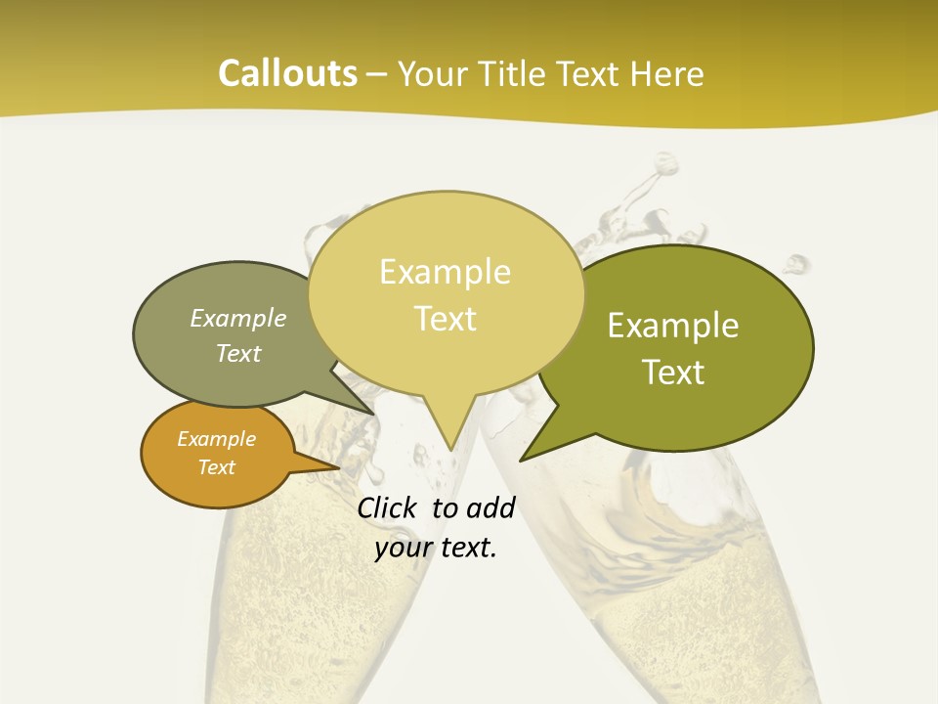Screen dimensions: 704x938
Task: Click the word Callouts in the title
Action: tap(287, 73)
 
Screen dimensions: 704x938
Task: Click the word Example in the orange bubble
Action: tap(216, 439)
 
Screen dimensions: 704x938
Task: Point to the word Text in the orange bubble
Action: tap(216, 467)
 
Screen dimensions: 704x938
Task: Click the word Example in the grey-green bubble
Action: tap(238, 319)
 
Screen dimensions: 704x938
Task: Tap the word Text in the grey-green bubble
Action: tap(238, 353)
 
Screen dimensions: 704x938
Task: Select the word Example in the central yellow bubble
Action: tap(445, 272)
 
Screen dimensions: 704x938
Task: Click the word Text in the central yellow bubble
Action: tap(446, 319)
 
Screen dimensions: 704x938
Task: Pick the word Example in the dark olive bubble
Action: tap(673, 326)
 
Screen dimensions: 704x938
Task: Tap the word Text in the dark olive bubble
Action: tap(674, 373)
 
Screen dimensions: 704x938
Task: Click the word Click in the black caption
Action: tap(386, 507)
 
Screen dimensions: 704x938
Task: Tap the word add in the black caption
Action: tap(490, 507)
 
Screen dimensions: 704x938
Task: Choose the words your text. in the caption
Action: tap(436, 548)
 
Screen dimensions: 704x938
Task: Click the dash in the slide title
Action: tap(378, 74)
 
